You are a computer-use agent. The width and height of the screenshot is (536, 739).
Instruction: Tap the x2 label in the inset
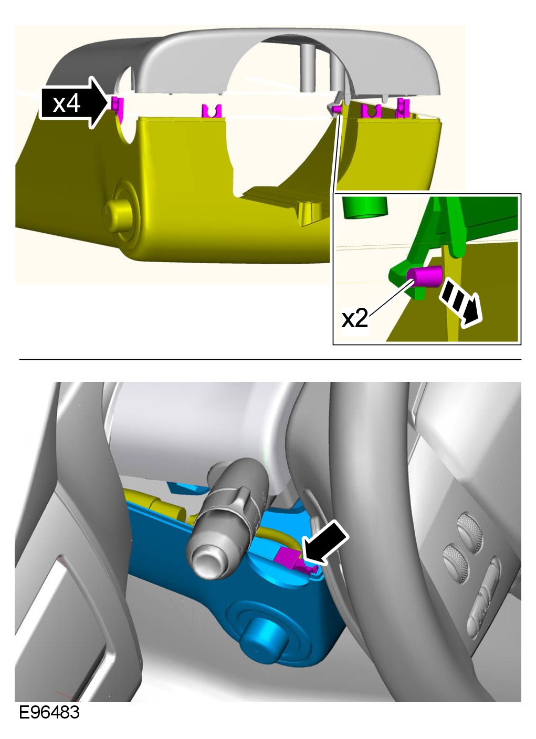point(354,319)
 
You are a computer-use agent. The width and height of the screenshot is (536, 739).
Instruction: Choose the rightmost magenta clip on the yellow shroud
point(403,108)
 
